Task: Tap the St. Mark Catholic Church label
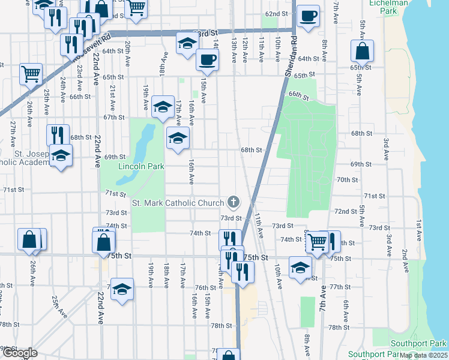click(178, 203)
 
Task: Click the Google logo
click(19, 353)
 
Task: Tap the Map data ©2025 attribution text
click(423, 355)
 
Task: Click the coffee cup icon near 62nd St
click(309, 16)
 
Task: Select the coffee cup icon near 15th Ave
click(208, 59)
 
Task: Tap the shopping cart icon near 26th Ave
click(31, 74)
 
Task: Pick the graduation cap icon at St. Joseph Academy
click(61, 156)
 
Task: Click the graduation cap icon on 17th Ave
click(162, 107)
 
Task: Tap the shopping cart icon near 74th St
click(317, 242)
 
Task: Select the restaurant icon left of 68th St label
click(58, 135)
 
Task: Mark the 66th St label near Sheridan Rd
click(298, 96)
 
